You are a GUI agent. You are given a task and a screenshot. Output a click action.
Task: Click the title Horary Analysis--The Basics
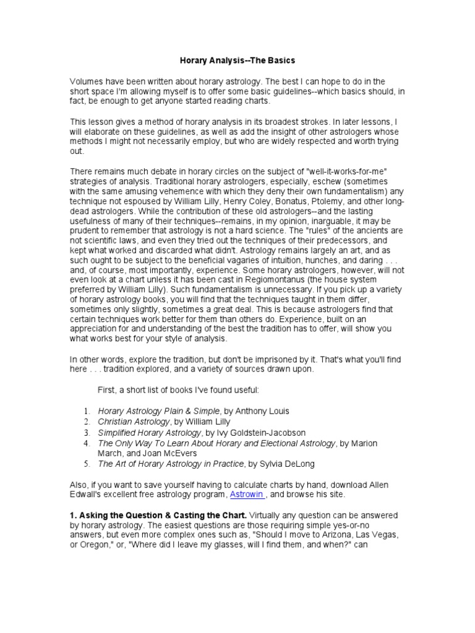click(237, 61)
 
